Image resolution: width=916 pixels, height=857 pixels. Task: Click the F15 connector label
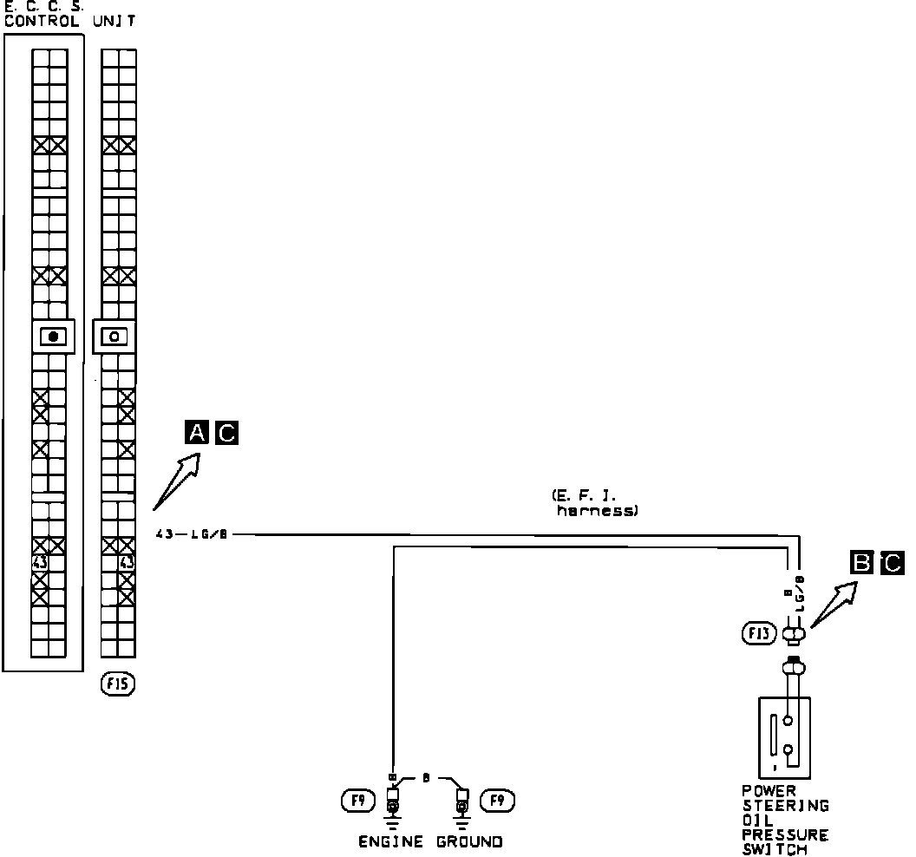[116, 685]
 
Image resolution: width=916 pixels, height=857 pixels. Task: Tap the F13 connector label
[759, 634]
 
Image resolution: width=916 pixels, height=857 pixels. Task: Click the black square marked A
[197, 432]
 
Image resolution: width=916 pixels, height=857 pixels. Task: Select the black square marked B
[862, 564]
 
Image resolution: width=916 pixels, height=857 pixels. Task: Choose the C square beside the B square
[891, 564]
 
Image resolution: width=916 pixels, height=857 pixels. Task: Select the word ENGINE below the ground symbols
[391, 841]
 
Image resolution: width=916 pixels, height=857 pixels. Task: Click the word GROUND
[468, 841]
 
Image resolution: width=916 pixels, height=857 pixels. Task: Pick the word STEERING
[786, 806]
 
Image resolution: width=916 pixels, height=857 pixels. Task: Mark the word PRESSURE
[786, 835]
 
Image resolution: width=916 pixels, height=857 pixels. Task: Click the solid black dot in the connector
[54, 337]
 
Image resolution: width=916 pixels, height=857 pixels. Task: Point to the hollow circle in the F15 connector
[114, 337]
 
